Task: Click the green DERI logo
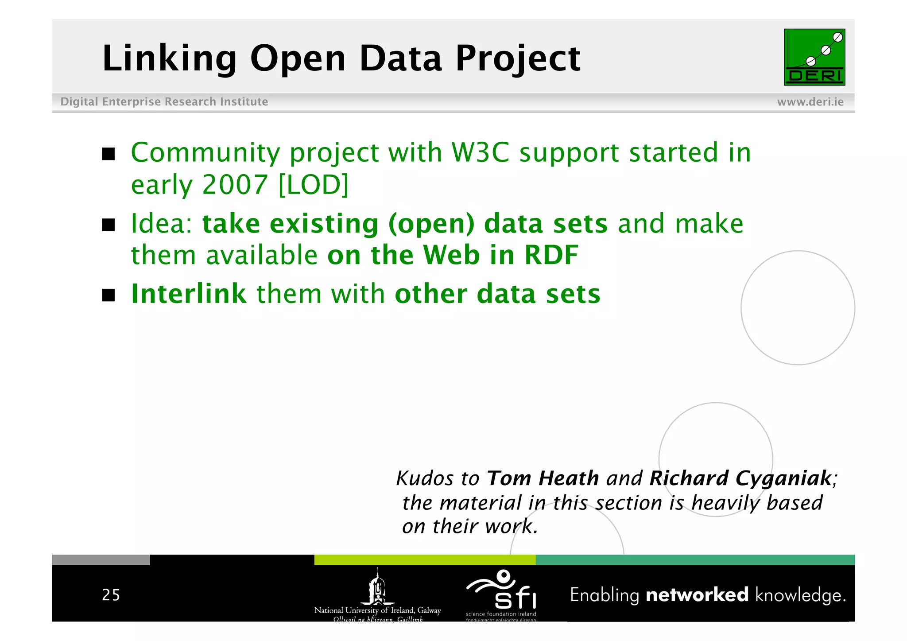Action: coord(814,57)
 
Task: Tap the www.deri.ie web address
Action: coord(810,102)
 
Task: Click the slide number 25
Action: coord(111,595)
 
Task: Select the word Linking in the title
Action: coord(170,58)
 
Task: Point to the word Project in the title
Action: coord(518,58)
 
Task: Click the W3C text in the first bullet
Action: coord(480,153)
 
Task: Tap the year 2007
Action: coord(235,185)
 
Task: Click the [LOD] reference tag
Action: coord(314,185)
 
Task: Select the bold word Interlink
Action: coord(189,294)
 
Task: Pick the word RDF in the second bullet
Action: coord(551,255)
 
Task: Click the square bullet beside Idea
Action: coord(109,225)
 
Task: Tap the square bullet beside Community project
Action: coord(109,154)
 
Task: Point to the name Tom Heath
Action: coord(543,478)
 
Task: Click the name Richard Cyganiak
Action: coord(740,478)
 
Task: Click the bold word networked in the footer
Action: coord(697,595)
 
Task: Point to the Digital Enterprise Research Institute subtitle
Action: coord(164,102)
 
